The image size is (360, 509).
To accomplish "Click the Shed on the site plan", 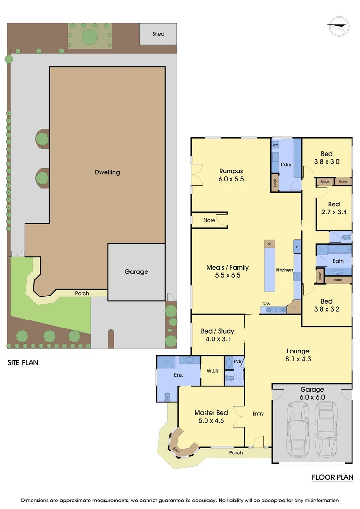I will tap(158, 34).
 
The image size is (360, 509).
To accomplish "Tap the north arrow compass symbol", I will tap(338, 26).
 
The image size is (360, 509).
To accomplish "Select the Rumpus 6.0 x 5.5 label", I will tap(231, 175).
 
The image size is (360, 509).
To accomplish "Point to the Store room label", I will tap(209, 220).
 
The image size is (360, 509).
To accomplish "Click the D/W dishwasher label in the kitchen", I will tap(266, 304).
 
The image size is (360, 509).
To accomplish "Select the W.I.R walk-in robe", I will tap(212, 371).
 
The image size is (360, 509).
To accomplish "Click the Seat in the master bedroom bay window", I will tap(175, 448).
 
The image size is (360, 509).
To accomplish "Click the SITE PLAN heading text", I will tap(22, 363).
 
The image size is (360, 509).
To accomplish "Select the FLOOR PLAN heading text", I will tap(332, 477).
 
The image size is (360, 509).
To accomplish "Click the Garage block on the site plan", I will tap(136, 272).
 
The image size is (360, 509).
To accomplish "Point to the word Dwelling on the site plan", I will tap(107, 172).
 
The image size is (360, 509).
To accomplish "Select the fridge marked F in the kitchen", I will tap(297, 247).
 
